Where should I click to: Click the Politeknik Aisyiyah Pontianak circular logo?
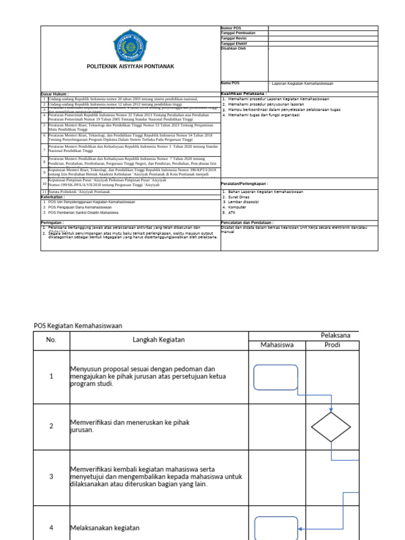pyautogui.click(x=130, y=47)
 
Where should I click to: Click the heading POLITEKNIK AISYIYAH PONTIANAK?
pyautogui.click(x=130, y=66)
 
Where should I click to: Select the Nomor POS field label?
pyautogui.click(x=230, y=28)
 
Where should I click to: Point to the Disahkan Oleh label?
pyautogui.click(x=233, y=48)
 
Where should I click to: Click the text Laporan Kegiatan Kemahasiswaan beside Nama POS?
pyautogui.click(x=303, y=83)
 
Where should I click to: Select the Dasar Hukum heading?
pyautogui.click(x=55, y=94)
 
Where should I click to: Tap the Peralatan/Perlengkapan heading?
pyautogui.click(x=244, y=184)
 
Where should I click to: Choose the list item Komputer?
pyautogui.click(x=239, y=207)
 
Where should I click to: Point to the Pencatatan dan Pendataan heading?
pyautogui.click(x=247, y=223)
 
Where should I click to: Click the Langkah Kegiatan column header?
pyautogui.click(x=159, y=340)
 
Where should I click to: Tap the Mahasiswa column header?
pyautogui.click(x=277, y=345)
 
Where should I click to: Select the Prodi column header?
pyautogui.click(x=332, y=345)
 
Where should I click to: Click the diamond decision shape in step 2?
pyautogui.click(x=331, y=427)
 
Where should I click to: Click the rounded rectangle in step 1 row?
pyautogui.click(x=276, y=378)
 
